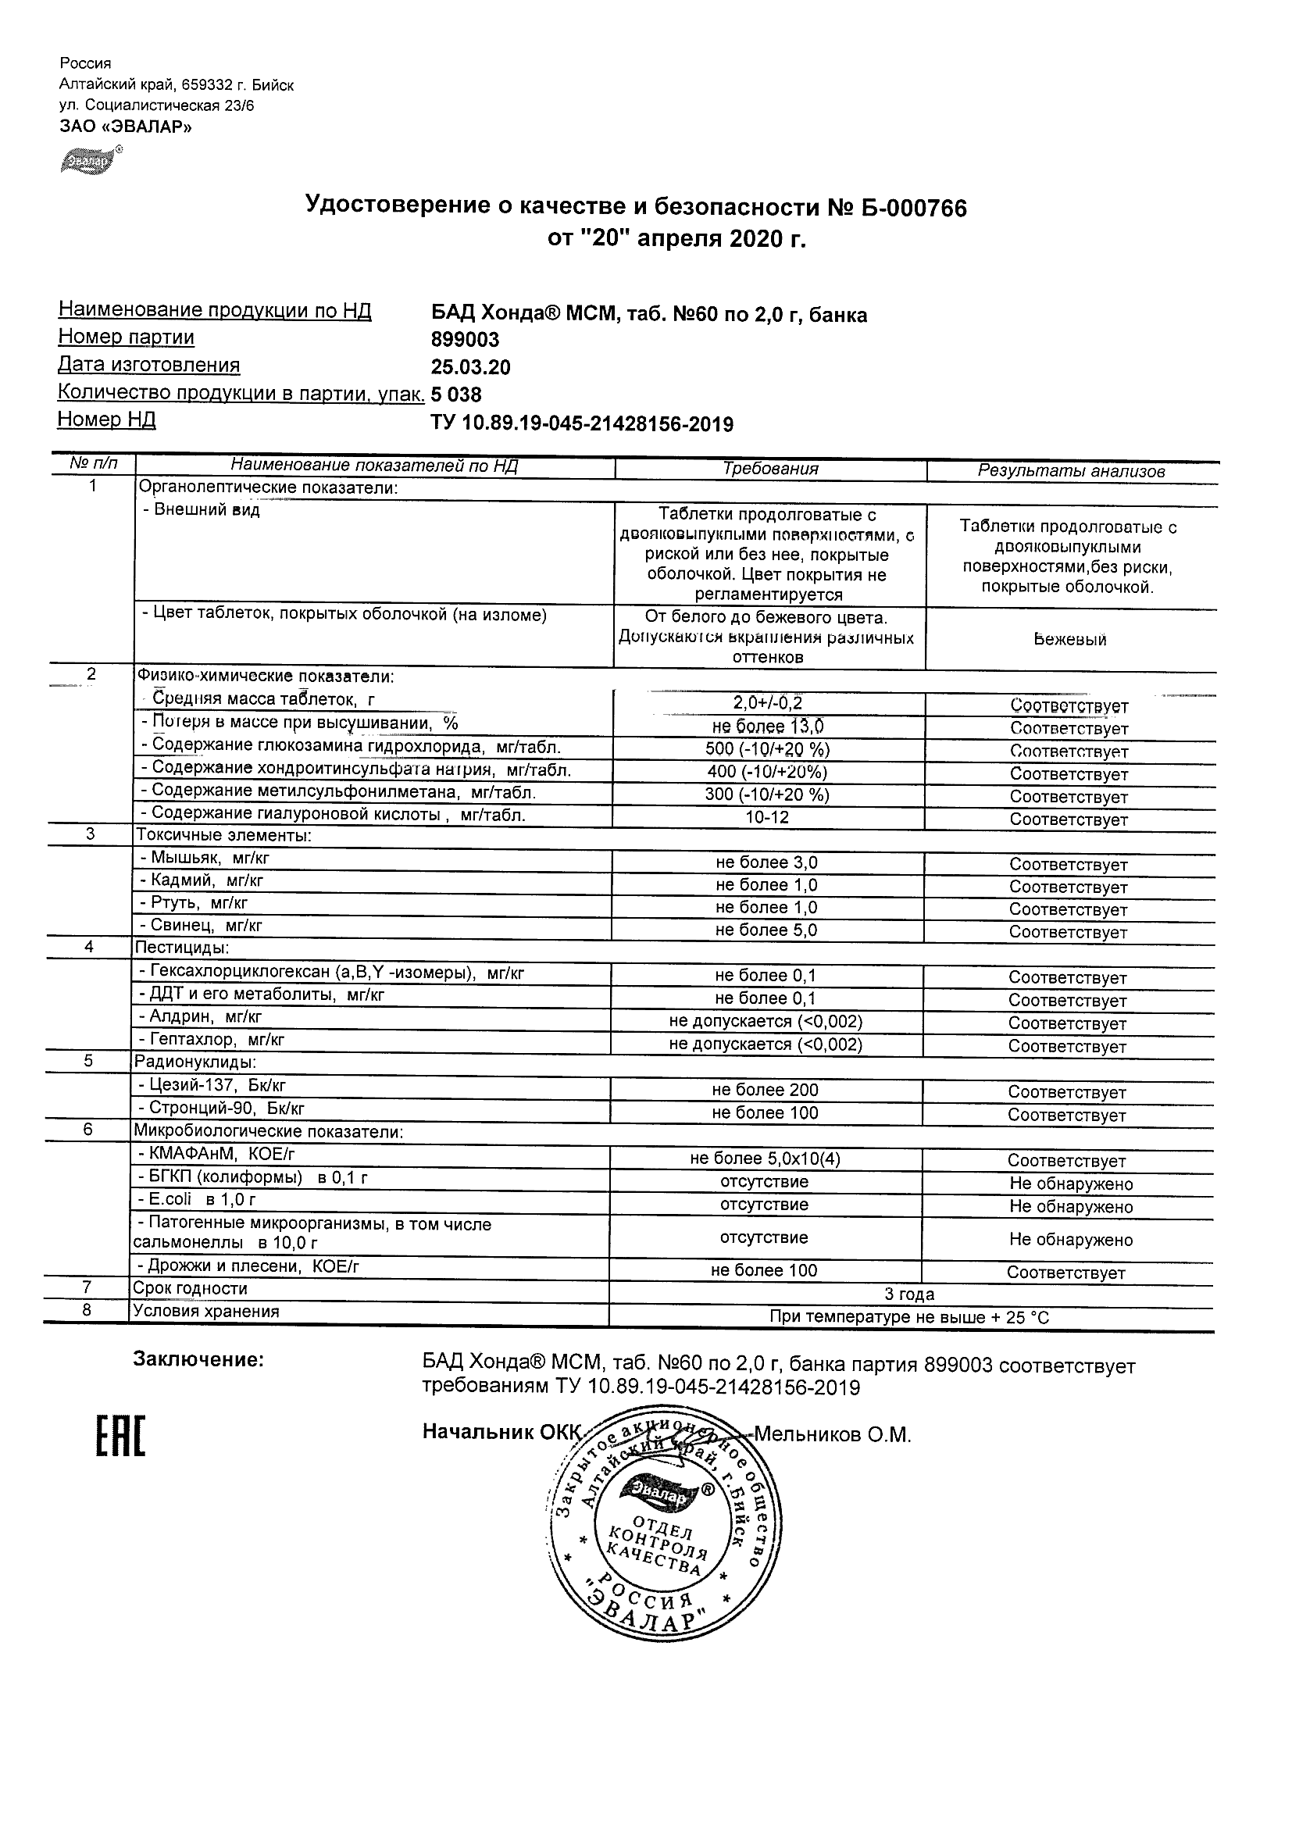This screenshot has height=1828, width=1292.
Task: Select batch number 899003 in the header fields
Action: pyautogui.click(x=465, y=340)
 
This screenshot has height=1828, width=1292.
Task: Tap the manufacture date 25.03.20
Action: pyautogui.click(x=470, y=367)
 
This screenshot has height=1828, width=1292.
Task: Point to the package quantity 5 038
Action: pyautogui.click(x=456, y=395)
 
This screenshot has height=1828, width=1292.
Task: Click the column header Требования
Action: pyautogui.click(x=769, y=469)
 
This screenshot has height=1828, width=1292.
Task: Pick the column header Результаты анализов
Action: pyautogui.click(x=1071, y=471)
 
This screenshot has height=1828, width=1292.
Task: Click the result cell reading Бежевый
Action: pyautogui.click(x=1070, y=639)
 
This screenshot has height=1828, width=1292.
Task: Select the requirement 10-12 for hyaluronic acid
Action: pyautogui.click(x=767, y=818)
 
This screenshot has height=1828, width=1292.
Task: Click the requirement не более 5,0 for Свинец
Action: pyautogui.click(x=766, y=930)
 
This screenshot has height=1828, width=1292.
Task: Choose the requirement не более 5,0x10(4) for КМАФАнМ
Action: pyautogui.click(x=765, y=1159)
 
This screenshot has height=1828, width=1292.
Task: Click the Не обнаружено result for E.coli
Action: pyautogui.click(x=1071, y=1206)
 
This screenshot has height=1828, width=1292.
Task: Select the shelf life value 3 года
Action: pyautogui.click(x=909, y=1294)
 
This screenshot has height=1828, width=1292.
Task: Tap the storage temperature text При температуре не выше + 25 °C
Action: pyautogui.click(x=909, y=1318)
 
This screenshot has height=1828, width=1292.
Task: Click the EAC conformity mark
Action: pyautogui.click(x=120, y=1437)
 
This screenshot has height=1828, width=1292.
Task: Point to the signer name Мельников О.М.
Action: pyautogui.click(x=832, y=1435)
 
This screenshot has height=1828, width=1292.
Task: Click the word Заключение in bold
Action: pyautogui.click(x=198, y=1360)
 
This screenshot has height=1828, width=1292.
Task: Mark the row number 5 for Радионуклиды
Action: pyautogui.click(x=88, y=1062)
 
